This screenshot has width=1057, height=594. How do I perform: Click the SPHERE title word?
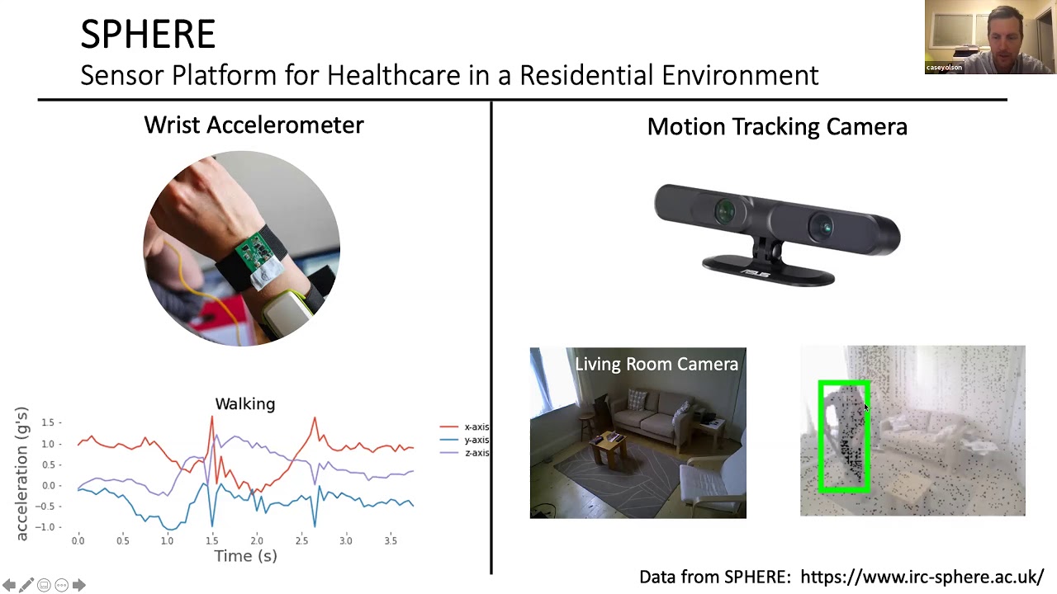pos(148,35)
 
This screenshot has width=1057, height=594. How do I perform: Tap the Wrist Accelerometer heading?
pos(254,125)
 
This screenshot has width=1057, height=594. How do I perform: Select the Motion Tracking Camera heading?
pos(777,127)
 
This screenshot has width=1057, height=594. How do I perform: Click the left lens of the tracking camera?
pos(724,211)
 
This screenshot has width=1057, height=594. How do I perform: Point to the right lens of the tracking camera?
pos(822,224)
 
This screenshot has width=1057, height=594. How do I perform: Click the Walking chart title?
pos(245,404)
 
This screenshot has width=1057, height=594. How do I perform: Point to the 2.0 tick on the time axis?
pos(257,540)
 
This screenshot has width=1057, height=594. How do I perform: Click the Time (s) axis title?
pos(245,556)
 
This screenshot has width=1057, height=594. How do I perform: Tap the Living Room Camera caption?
pos(656,365)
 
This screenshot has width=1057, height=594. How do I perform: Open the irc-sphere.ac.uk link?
pos(922,577)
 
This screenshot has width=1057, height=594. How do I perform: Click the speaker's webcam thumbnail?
pos(989,37)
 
